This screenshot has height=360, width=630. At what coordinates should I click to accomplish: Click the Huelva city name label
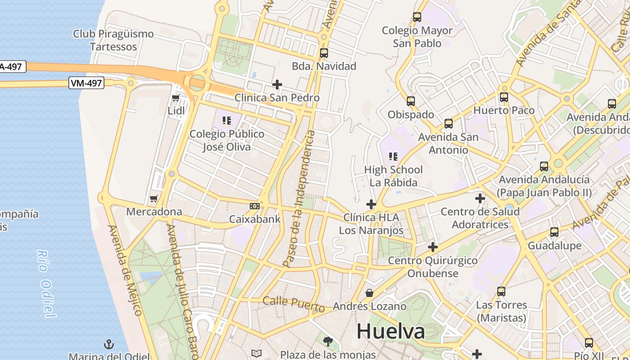coord(391,332)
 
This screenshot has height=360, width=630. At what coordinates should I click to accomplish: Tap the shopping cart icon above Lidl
coord(175,98)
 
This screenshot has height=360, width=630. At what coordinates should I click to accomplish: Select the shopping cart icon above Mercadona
coord(154,198)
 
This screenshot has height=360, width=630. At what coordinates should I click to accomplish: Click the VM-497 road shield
coord(86,83)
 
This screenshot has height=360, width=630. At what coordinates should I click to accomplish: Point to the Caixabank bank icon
coord(255,206)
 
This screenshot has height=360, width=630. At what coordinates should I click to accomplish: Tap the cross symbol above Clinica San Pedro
coord(277,84)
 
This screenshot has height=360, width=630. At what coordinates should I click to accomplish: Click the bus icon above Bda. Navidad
coord(324,53)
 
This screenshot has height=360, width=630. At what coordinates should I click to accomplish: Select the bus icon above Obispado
coord(410,101)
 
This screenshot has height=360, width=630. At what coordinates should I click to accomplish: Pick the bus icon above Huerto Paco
coord(504,97)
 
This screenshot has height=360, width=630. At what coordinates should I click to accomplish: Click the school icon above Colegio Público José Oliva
coord(227,120)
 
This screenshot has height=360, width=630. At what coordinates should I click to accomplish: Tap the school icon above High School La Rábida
coord(393,156)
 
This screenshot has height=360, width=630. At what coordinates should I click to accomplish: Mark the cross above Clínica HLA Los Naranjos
coord(371,204)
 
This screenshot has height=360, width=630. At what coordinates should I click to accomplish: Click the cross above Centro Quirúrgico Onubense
coord(432,247)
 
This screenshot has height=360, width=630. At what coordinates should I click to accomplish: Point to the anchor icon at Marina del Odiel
coord(108,345)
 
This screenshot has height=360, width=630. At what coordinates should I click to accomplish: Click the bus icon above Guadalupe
coord(554,232)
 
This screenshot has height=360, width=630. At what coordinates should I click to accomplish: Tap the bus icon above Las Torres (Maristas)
coord(501,292)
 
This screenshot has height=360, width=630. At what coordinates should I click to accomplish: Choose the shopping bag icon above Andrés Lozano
coord(369,293)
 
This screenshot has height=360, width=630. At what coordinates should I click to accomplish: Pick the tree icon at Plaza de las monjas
coord(328,341)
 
